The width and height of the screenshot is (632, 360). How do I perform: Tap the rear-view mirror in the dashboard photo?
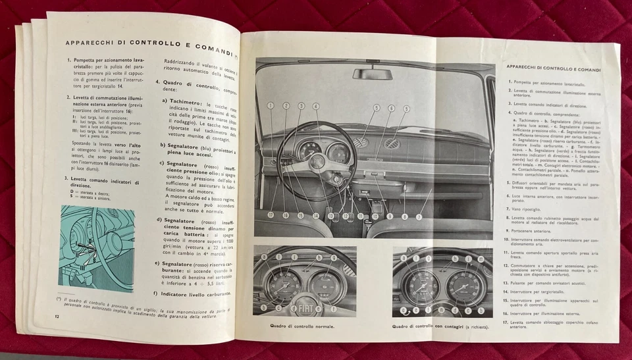372,74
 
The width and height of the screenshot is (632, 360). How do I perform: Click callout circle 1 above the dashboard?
271,105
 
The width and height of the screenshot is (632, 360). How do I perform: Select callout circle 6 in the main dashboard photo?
391,107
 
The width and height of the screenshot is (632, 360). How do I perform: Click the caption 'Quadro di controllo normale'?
302,326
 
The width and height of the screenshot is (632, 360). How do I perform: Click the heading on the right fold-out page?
557,68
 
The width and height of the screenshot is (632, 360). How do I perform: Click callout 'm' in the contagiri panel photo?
483,258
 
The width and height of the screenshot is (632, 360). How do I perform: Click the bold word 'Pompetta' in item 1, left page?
88,60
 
